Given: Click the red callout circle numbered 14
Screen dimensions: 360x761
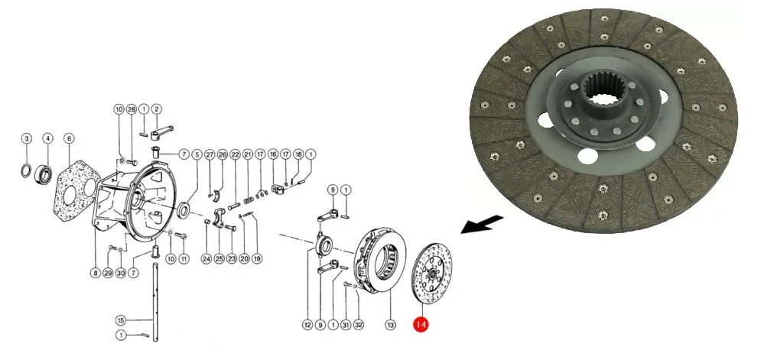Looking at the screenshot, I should click(x=420, y=325).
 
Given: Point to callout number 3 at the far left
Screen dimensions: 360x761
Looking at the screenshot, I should click(x=26, y=138).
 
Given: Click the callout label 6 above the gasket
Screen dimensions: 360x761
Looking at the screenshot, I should click(x=69, y=138).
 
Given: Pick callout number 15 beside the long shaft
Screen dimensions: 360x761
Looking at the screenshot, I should click(x=120, y=319).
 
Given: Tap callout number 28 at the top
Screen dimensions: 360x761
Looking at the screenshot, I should click(x=132, y=110).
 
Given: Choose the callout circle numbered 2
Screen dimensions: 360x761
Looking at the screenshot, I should click(x=156, y=110).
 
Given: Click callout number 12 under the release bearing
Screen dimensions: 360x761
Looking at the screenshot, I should click(x=307, y=325).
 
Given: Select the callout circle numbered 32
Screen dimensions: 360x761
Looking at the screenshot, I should click(x=359, y=325).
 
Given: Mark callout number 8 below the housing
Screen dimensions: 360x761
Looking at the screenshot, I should click(x=96, y=274).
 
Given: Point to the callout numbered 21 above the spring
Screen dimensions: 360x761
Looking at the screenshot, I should click(x=247, y=154).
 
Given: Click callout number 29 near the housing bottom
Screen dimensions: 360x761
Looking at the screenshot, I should click(x=109, y=274).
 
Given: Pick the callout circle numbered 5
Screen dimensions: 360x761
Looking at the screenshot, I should click(x=197, y=154).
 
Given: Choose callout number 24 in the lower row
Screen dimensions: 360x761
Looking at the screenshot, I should click(x=207, y=258).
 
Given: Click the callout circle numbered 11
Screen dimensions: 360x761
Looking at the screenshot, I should click(x=184, y=258).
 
